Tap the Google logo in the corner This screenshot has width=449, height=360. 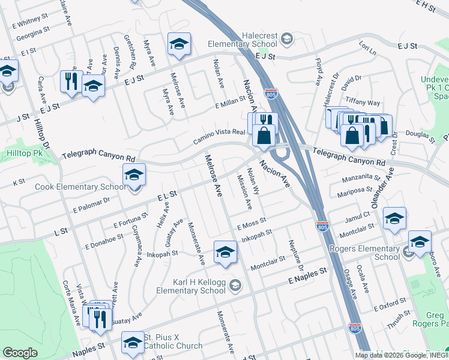point(20,353)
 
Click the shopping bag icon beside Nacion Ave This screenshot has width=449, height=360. point(264,136)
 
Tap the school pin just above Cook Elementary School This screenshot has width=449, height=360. point(134,176)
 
